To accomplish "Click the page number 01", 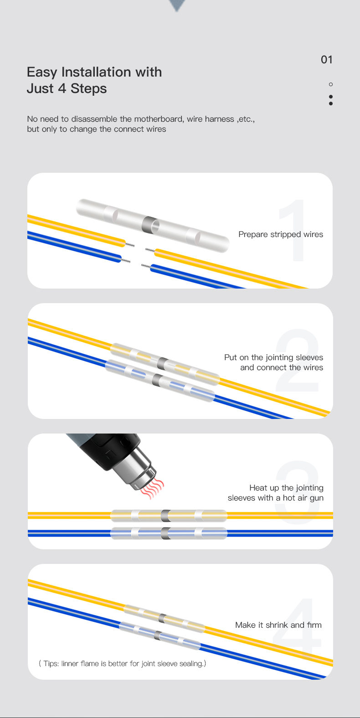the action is coord(327,60).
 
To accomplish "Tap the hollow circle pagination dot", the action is coord(331,84).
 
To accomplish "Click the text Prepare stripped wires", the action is coord(281,234).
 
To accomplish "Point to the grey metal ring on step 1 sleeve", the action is coord(150,224).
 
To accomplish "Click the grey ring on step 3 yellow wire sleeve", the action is coord(165,516).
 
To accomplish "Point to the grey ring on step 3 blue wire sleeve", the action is coord(165,533).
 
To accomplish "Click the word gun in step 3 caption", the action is coord(316,498).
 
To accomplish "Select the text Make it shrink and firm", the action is coord(278,625).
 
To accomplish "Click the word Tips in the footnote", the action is coord(51,663).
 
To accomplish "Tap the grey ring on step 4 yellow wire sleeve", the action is coord(163,618).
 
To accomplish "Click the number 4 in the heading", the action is coord(62,88).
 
